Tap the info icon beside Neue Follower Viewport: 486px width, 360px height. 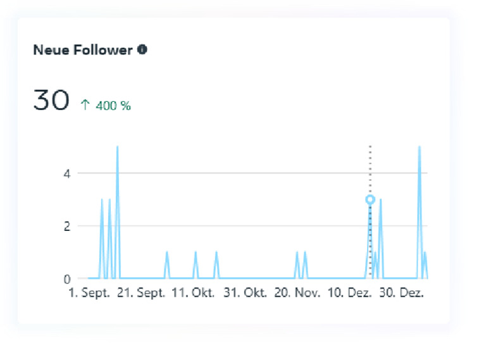click(142, 49)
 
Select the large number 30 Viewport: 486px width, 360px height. click(51, 101)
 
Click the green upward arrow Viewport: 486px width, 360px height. click(85, 106)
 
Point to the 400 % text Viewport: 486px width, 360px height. click(113, 106)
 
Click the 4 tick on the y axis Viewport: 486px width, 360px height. click(66, 173)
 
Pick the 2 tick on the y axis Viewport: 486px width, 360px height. click(66, 226)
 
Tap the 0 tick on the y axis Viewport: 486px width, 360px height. click(66, 278)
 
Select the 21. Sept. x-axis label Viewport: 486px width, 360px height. click(142, 294)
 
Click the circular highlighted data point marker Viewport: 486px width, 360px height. click(370, 199)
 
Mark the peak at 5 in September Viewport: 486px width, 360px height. click(117, 147)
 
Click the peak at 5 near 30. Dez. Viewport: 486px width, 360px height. click(419, 147)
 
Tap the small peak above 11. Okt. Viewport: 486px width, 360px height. click(196, 252)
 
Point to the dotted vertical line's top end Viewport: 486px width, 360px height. click(370, 147)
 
